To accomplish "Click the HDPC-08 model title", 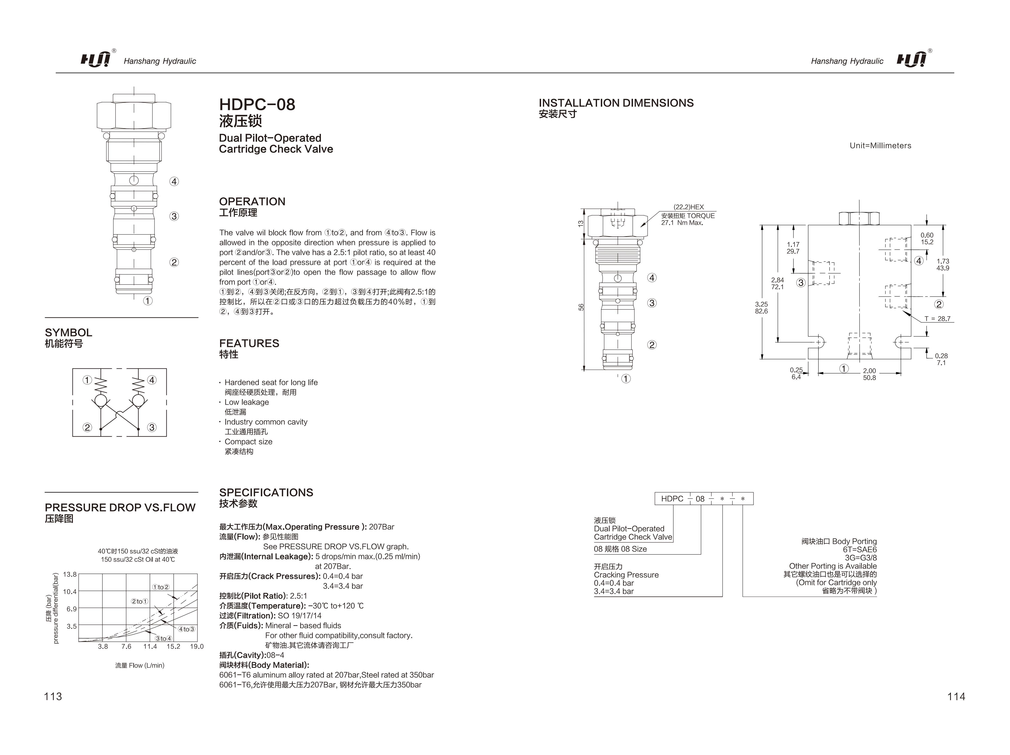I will tap(257, 104).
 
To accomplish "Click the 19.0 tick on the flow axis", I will tap(197, 646).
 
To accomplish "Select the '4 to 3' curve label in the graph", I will tap(186, 629).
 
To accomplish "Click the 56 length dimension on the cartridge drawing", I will tap(581, 307).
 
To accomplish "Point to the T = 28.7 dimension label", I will tap(937, 319).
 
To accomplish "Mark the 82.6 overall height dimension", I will tap(761, 311).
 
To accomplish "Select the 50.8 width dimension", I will tap(869, 378).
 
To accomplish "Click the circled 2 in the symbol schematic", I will tap(87, 427).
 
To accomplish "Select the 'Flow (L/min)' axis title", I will tap(140, 666).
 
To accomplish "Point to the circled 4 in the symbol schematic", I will tap(152, 380).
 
